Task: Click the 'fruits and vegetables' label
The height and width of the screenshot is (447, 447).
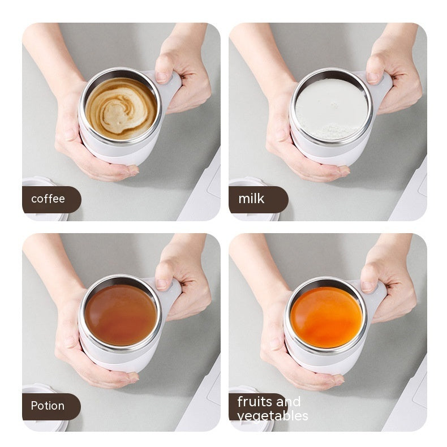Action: tap(268, 409)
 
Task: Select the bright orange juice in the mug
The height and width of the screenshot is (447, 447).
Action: tap(326, 317)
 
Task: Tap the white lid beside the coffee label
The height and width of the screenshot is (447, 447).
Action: tap(40, 182)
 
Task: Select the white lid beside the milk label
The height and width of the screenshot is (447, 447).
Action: tap(249, 182)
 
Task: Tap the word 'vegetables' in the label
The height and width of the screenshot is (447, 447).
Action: tap(273, 416)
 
